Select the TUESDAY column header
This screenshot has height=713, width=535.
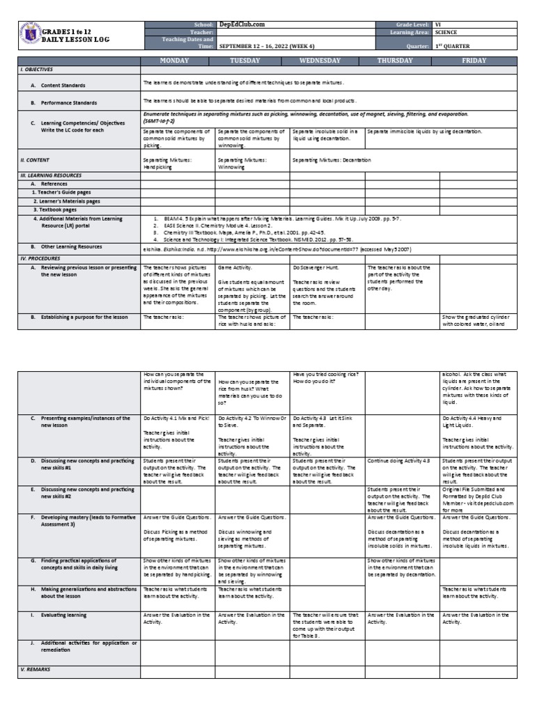coord(252,61)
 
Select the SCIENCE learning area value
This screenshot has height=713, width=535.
coord(448,32)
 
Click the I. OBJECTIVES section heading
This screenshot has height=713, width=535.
coord(37,70)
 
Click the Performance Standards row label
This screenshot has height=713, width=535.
coord(68,102)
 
